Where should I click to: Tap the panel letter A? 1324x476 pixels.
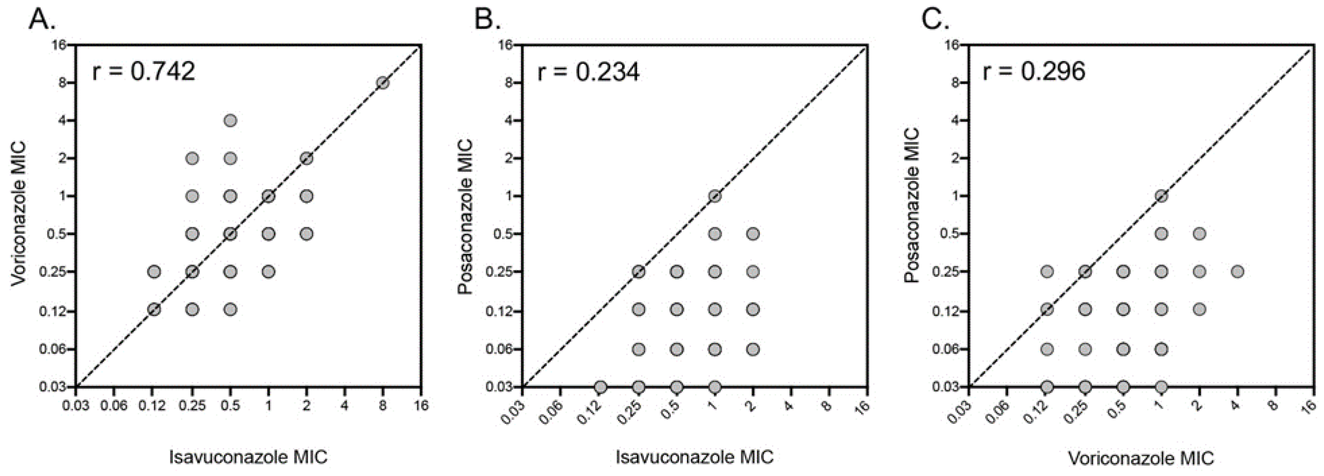click(41, 21)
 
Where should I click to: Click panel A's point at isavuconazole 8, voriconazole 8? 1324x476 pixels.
click(382, 83)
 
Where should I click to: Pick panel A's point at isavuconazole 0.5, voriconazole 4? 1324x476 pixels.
click(230, 121)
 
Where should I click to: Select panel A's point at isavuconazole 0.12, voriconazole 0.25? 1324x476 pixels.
click(154, 272)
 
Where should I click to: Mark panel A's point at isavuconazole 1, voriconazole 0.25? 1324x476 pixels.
click(268, 272)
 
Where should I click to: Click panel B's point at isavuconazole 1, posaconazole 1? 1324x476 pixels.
click(714, 196)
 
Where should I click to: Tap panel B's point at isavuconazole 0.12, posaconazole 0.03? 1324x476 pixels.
click(600, 387)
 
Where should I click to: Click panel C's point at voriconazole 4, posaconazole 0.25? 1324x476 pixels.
click(1238, 272)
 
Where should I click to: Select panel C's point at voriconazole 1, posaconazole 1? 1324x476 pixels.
click(1161, 196)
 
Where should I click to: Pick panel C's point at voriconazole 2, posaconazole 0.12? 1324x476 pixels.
click(1199, 309)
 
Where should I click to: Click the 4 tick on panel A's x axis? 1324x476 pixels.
click(344, 406)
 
